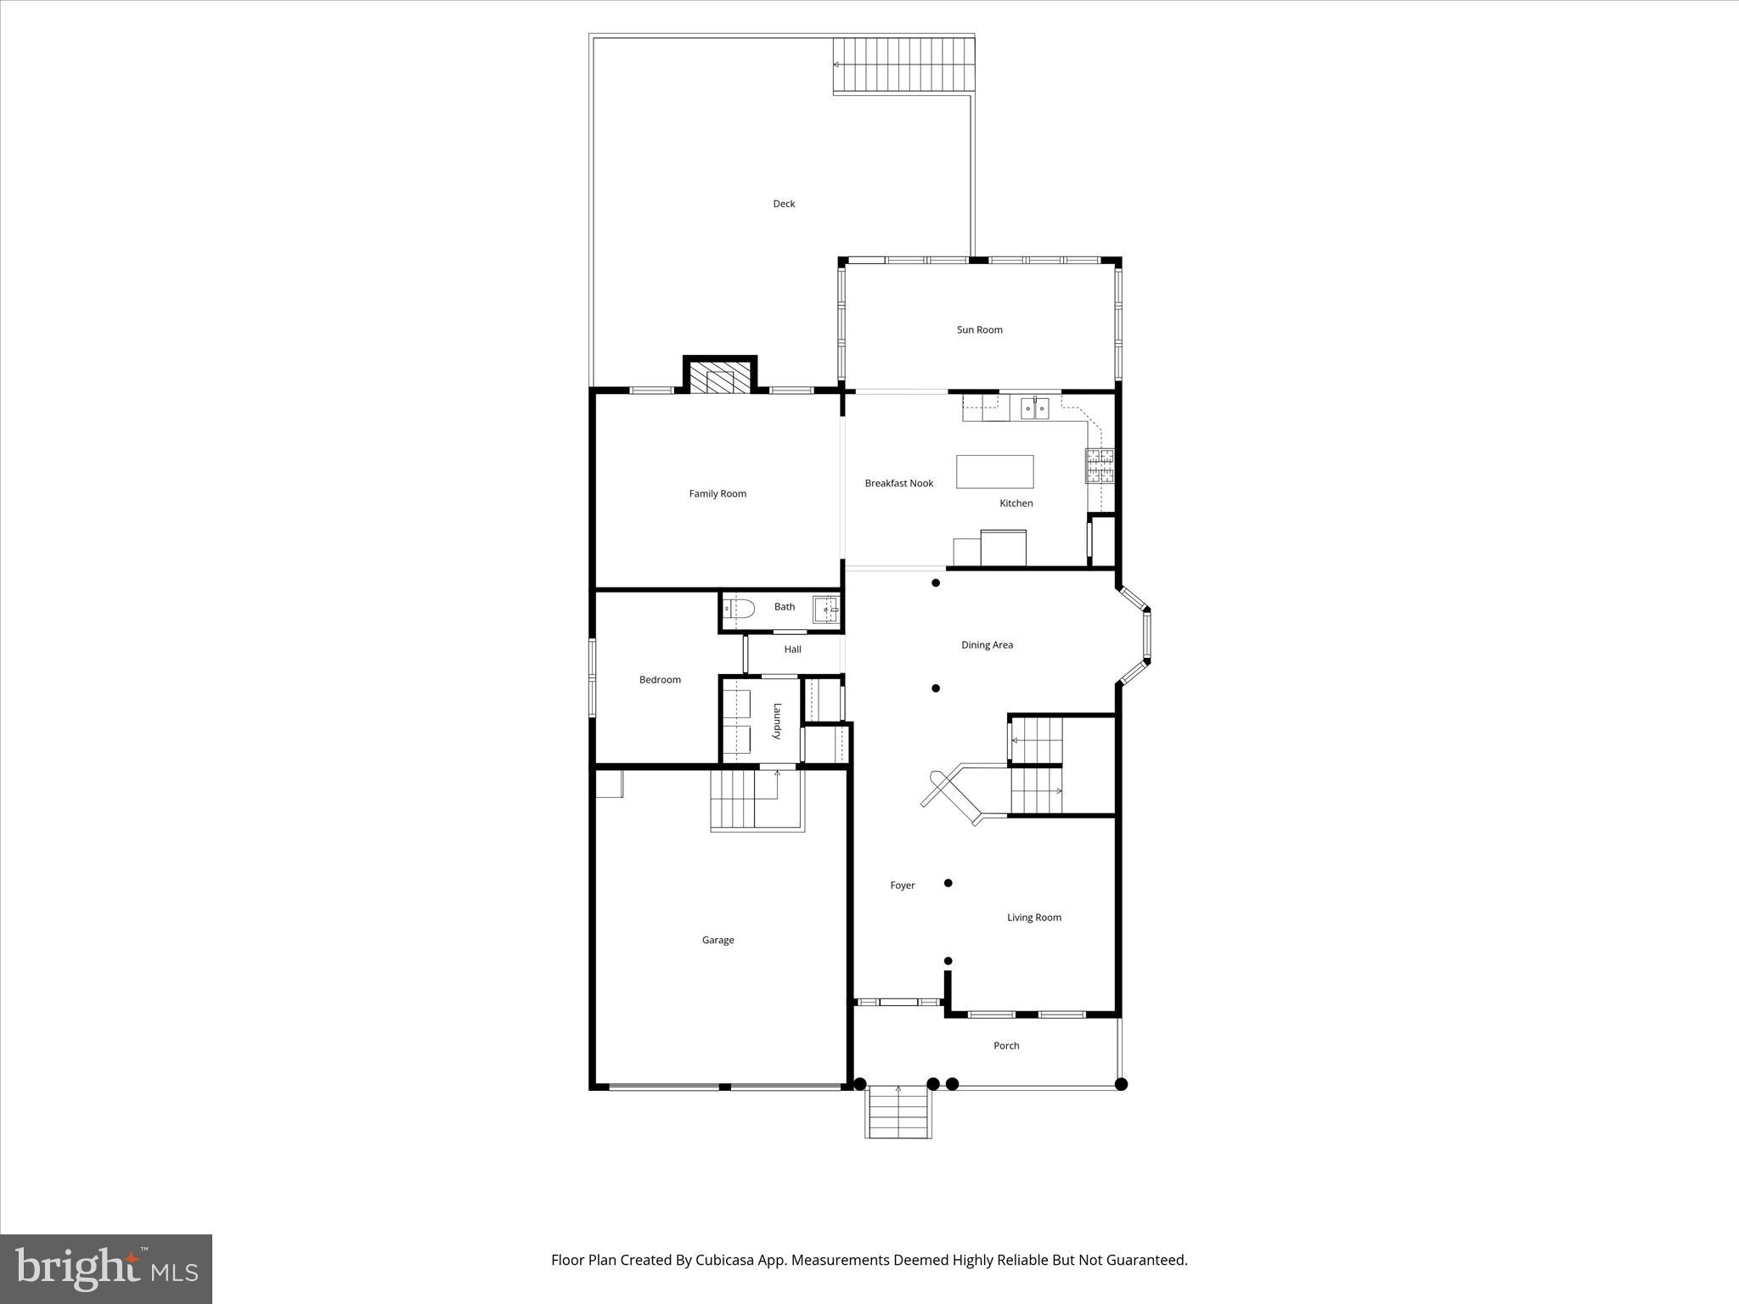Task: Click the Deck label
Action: click(x=783, y=204)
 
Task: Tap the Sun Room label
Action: click(x=979, y=330)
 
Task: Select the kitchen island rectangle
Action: click(x=994, y=471)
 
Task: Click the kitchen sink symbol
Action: click(x=1034, y=408)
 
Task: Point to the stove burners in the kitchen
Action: click(x=1099, y=466)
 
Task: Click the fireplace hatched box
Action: click(x=720, y=379)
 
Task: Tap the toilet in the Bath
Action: click(x=741, y=608)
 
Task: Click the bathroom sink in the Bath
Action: click(x=826, y=609)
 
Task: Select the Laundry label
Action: click(x=776, y=721)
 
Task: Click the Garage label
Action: click(x=718, y=940)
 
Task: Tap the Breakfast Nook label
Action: click(x=898, y=483)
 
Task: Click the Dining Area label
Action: click(x=987, y=645)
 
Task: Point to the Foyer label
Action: click(x=902, y=885)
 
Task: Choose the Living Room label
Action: click(x=1033, y=918)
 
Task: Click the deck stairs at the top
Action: click(x=902, y=65)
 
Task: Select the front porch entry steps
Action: click(x=898, y=1111)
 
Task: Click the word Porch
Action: click(x=1006, y=1046)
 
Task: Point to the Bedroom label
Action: click(x=660, y=680)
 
